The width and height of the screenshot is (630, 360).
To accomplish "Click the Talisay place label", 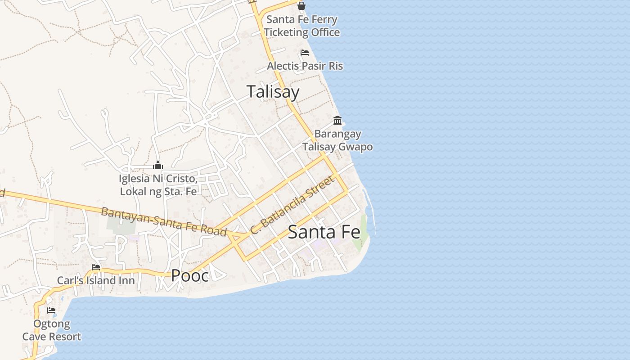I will pos(273,92).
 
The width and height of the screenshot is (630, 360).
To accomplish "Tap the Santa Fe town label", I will pos(324,232).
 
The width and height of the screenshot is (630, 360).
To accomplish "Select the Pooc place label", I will pos(190,275).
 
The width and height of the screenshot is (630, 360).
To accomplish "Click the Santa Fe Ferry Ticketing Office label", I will pos(301,26).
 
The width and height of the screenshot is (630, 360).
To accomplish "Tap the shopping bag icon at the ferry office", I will pos(301,6).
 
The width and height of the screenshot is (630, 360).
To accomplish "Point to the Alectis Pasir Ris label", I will pos(305,66).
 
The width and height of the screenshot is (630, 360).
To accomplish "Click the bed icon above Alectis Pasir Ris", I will pos(305,53).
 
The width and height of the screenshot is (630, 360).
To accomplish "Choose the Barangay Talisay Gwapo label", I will pos(337,140).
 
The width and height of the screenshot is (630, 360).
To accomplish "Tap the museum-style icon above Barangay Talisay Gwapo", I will pos(337,120).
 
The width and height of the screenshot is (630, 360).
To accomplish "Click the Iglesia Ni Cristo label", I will pos(158,184).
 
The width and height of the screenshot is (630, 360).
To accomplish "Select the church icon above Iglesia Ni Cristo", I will pos(157,165).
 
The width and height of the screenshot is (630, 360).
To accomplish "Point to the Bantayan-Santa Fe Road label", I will pos(164,221).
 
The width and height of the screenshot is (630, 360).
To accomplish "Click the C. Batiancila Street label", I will pos(292,205).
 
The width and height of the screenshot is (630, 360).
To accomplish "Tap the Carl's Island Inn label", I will pos(96,280).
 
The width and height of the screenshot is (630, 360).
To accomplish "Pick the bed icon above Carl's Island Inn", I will pos(96,267).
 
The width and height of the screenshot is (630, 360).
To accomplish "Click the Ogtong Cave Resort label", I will pos(52,330).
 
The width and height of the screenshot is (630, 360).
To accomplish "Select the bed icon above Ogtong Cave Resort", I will pos(51,310).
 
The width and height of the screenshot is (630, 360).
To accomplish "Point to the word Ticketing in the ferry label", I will pos(289,32).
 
